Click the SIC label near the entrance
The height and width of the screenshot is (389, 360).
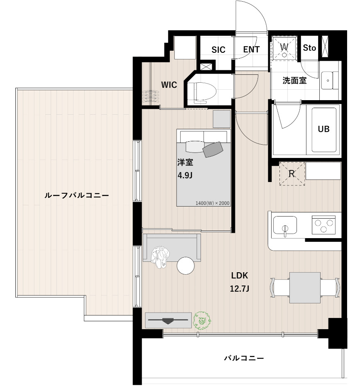(218, 50)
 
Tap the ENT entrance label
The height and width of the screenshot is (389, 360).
(251, 49)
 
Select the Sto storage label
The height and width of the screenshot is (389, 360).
(309, 48)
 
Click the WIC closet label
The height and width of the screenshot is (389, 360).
(169, 85)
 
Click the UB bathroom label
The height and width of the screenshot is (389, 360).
(323, 129)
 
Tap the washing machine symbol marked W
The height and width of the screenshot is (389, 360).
(284, 48)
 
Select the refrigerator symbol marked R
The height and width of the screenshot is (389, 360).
(292, 174)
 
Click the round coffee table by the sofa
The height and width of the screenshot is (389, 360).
(186, 266)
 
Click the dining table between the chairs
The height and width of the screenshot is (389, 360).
(305, 287)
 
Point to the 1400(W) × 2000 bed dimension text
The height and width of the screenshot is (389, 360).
(213, 203)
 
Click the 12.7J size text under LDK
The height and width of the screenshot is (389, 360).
(239, 288)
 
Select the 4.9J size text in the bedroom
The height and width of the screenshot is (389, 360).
(185, 175)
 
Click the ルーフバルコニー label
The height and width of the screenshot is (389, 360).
(76, 195)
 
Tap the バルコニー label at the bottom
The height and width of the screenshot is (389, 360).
(244, 358)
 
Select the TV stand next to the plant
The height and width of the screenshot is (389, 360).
(168, 320)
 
